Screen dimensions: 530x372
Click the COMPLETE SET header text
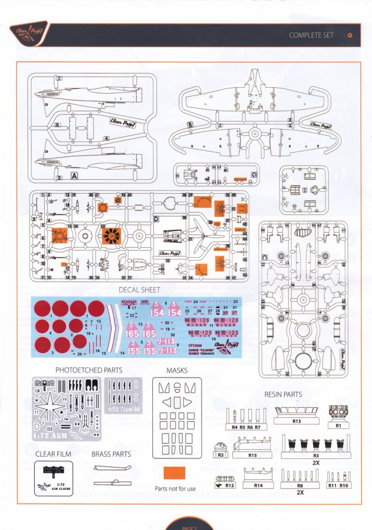tap(311, 35)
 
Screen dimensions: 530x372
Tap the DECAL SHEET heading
tap(139, 290)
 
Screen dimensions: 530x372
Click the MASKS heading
tap(176, 370)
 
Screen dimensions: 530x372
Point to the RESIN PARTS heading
tap(283, 394)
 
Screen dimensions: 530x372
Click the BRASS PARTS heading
tap(111, 453)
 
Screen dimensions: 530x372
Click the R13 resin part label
tap(296, 421)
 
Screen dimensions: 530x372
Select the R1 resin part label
tap(338, 425)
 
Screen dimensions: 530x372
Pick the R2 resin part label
tap(221, 455)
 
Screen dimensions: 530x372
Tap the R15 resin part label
tap(252, 455)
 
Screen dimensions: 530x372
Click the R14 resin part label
tap(258, 484)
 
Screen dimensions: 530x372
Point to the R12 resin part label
tap(228, 484)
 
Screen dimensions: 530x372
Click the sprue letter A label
tap(74, 175)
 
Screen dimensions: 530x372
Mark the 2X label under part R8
tap(299, 492)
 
